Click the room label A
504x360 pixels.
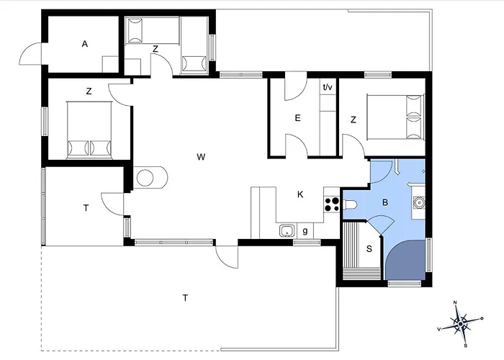(x=84, y=44)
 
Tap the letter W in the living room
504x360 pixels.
(x=201, y=157)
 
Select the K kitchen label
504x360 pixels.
(x=300, y=194)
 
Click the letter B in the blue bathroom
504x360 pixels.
(x=385, y=202)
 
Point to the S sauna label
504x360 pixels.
(x=369, y=248)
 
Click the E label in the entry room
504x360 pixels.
(x=297, y=118)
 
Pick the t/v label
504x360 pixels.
(x=328, y=87)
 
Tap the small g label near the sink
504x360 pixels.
(x=305, y=230)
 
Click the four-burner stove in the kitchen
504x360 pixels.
(x=332, y=204)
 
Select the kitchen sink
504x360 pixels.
(x=287, y=231)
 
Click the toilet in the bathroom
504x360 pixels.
(x=350, y=204)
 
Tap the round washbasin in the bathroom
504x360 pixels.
(x=419, y=203)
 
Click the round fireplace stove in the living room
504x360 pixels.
(x=145, y=177)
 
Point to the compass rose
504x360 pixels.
(x=461, y=323)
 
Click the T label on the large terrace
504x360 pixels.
(x=185, y=298)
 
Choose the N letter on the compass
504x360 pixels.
(x=455, y=302)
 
